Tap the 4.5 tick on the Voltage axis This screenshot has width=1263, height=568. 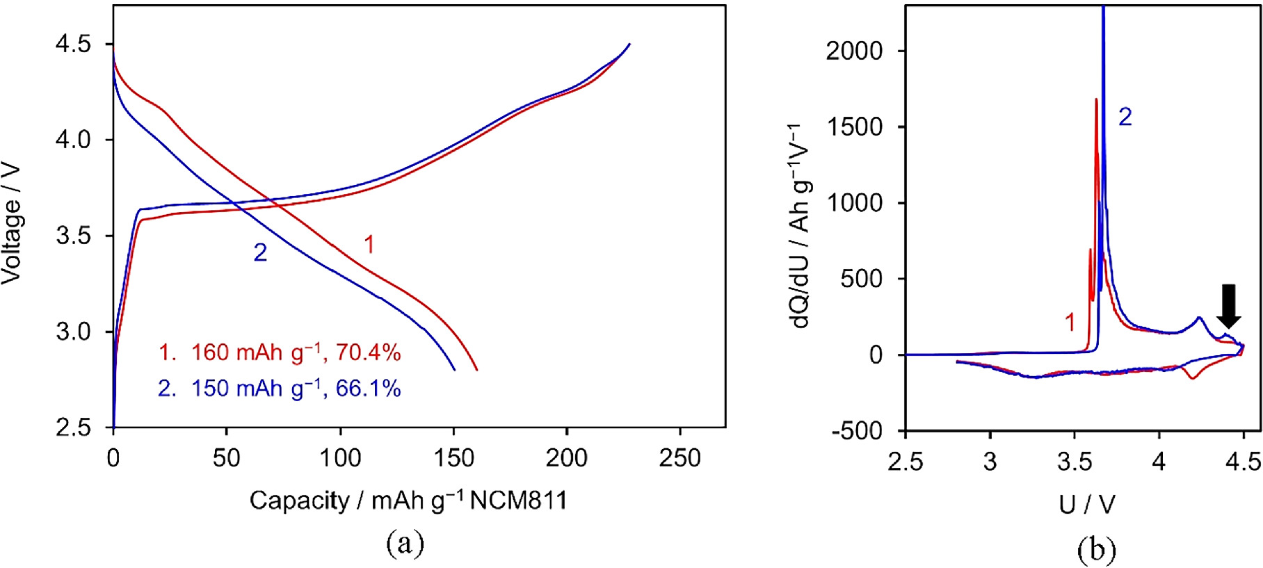[x=74, y=44]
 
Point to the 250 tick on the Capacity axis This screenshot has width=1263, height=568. [x=679, y=458]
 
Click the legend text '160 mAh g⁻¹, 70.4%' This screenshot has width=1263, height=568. [x=296, y=352]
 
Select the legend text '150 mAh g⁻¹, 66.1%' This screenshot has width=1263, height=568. [x=296, y=388]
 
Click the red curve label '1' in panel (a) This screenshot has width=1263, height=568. [x=369, y=245]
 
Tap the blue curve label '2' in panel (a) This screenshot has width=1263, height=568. [x=260, y=252]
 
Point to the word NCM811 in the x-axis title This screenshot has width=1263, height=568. [x=518, y=501]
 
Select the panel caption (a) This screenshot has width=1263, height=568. [x=405, y=543]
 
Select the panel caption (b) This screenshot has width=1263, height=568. [x=1096, y=550]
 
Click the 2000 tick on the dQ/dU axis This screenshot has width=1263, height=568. [x=854, y=51]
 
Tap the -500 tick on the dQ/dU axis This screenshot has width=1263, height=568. [x=857, y=431]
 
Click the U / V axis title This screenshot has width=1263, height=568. [x=1087, y=504]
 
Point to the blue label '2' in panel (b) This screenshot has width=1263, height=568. [x=1125, y=117]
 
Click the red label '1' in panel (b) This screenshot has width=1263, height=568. [x=1070, y=322]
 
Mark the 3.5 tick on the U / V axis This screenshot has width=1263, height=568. [x=1074, y=462]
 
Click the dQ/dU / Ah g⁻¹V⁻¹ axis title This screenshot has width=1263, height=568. [x=801, y=226]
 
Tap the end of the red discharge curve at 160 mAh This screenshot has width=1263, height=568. [x=477, y=370]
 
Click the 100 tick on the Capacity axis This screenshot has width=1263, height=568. [x=340, y=458]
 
